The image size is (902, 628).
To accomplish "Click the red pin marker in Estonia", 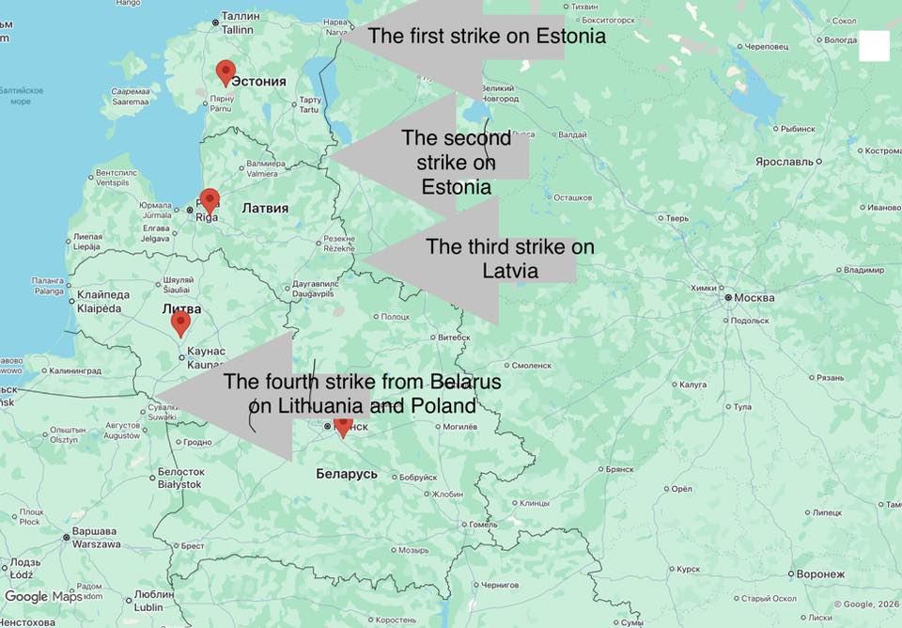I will point(225,71).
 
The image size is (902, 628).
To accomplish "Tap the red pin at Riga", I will point(210,199).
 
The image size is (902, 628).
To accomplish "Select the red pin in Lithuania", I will point(180,322).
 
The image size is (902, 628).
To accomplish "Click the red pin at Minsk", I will point(344,425).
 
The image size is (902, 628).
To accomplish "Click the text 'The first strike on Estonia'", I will point(486,37).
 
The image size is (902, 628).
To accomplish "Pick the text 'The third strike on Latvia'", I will point(509,259).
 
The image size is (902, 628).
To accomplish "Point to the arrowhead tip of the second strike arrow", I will point(330,153).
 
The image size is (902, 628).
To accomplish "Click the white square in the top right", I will point(874,45).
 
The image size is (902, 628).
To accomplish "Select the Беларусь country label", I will point(347,474).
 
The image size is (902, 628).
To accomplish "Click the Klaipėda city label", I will point(100,302).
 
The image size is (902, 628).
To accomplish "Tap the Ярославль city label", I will point(789,162).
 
